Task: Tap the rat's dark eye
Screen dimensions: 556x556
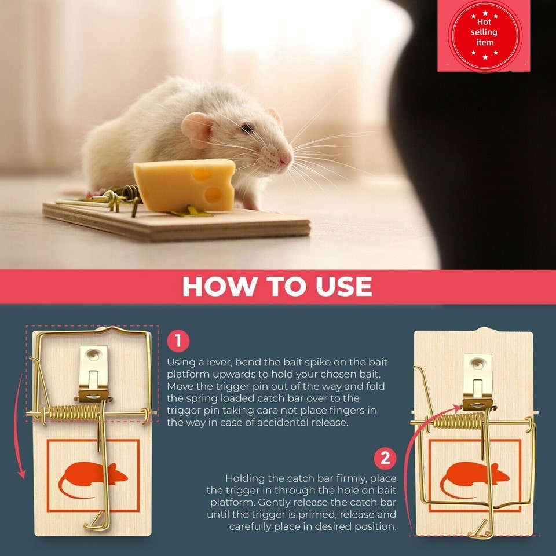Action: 247,127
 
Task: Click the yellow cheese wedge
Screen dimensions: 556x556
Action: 184,185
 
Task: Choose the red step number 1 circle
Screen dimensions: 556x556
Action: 178,341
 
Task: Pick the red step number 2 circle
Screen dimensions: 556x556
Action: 385,459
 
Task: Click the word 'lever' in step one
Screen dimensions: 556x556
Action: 216,362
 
